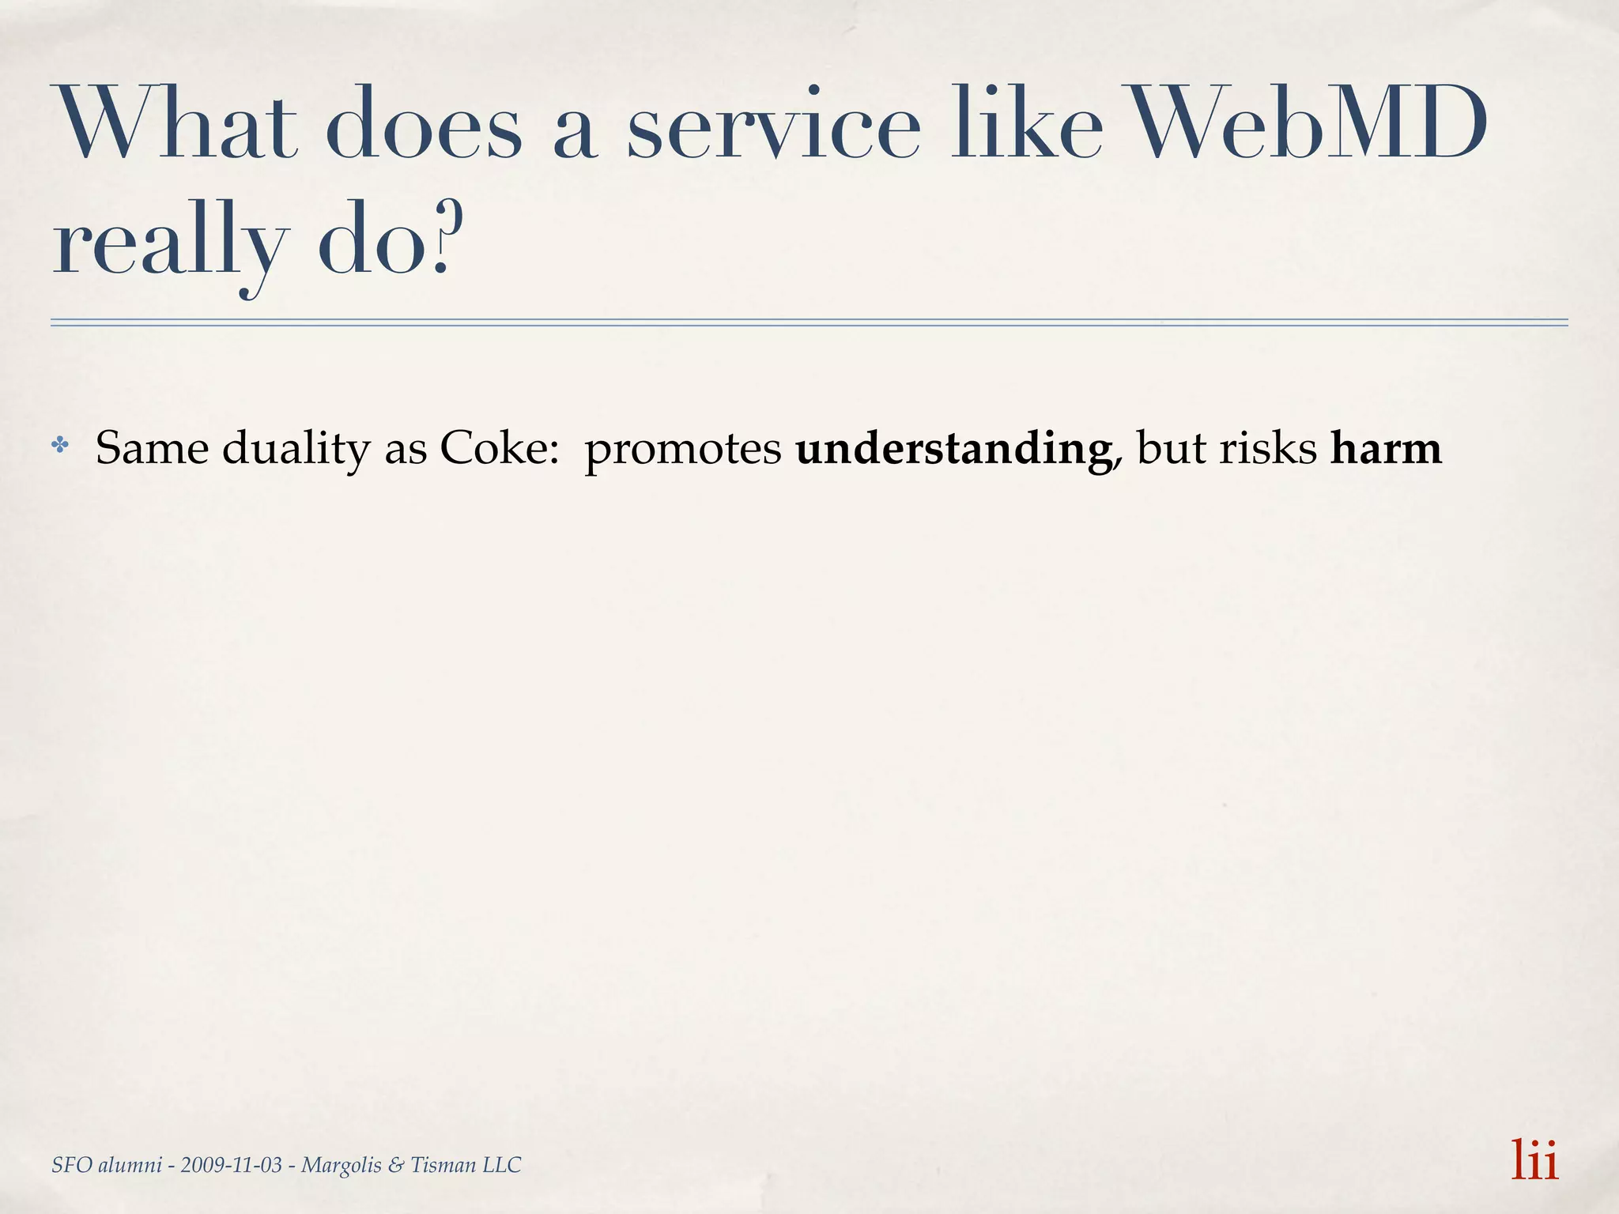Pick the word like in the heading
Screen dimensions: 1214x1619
coord(1028,125)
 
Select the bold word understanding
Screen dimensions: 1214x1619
coord(953,449)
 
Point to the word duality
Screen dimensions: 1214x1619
coord(296,449)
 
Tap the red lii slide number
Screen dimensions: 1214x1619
coord(1534,1160)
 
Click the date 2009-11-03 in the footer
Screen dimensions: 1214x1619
coord(231,1165)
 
